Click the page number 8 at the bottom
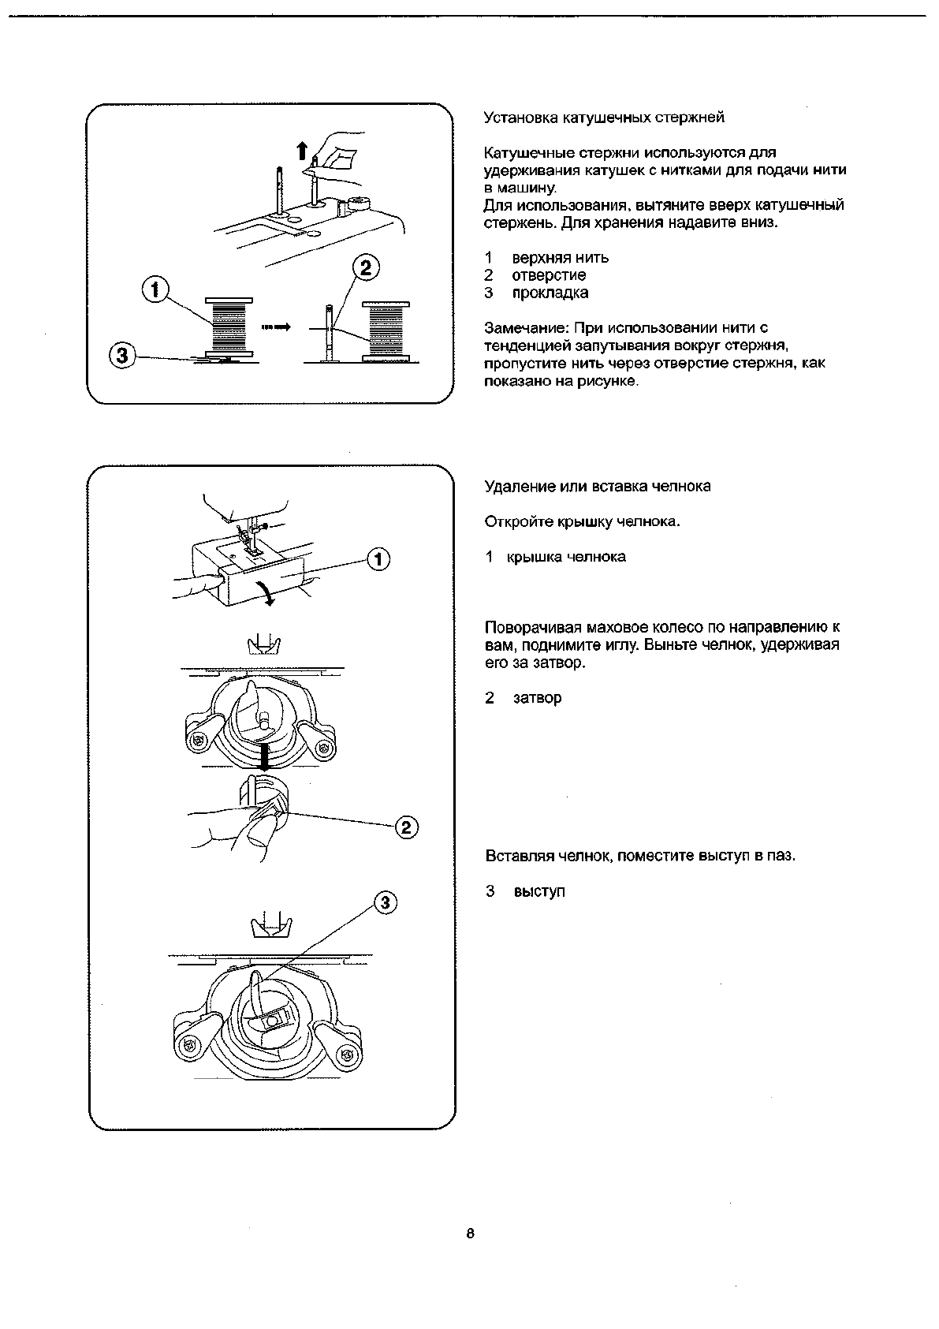[470, 1234]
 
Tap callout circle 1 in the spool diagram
[155, 290]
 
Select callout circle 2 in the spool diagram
[364, 267]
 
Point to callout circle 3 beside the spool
[121, 357]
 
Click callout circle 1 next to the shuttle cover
[379, 559]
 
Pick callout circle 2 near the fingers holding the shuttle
[406, 827]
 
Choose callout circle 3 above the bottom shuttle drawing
[384, 902]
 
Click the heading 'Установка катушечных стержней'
[604, 118]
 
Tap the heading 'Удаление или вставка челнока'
[597, 487]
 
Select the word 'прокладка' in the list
[550, 293]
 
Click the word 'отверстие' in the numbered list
[549, 275]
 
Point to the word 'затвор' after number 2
[537, 698]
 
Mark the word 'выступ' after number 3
[539, 892]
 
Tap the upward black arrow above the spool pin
[301, 150]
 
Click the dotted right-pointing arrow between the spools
[274, 327]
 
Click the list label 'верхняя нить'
[560, 258]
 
